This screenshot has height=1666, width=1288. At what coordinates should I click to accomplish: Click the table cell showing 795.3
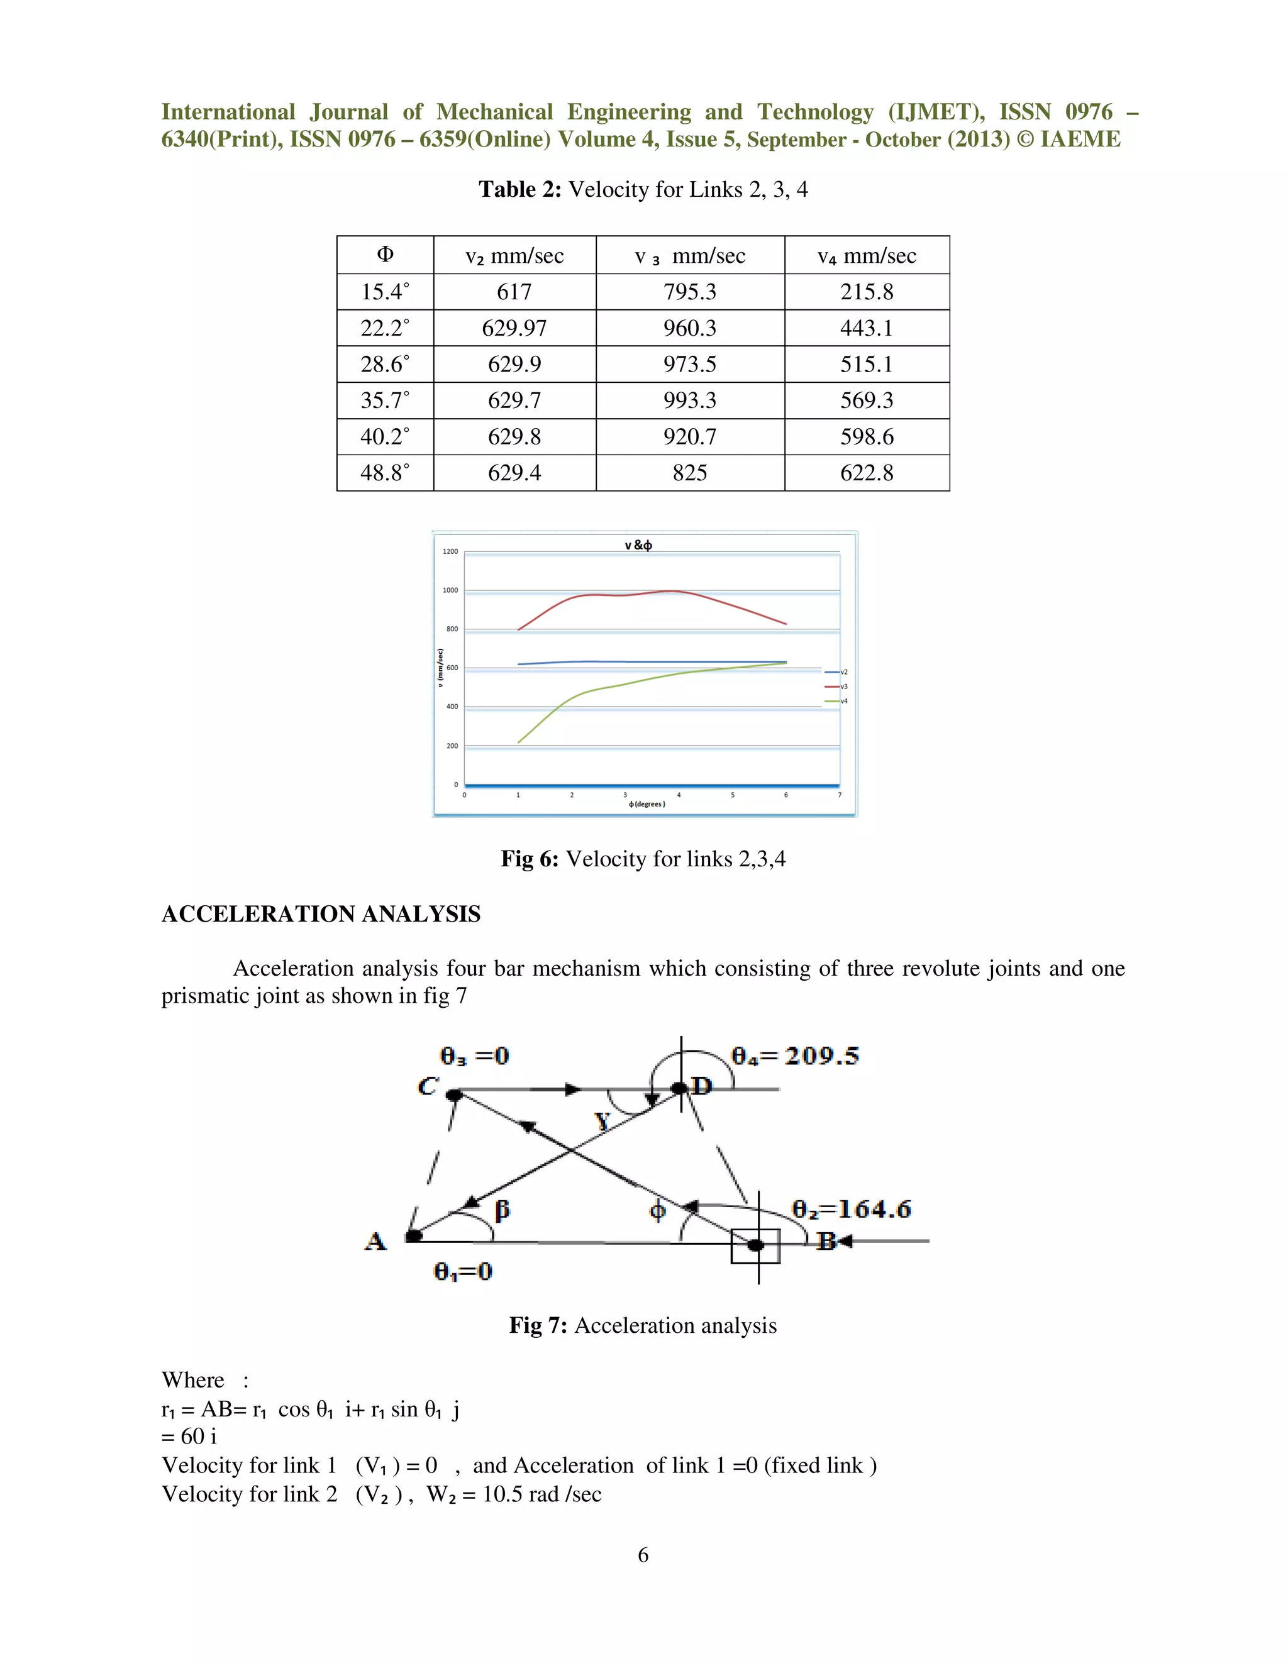click(689, 292)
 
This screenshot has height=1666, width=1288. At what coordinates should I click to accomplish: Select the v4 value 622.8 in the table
click(866, 473)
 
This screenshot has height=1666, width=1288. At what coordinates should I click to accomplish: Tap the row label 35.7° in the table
click(384, 400)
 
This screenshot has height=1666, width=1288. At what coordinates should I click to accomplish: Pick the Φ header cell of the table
click(384, 255)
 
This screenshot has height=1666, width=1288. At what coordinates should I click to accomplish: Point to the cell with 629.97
click(514, 328)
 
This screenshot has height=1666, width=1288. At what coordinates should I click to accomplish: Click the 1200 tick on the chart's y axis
click(450, 551)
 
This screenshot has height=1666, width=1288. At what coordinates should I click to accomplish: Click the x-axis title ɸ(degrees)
click(647, 804)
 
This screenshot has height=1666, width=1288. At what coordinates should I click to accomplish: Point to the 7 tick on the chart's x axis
click(840, 795)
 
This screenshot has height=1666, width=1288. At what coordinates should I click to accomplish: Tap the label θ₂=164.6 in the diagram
click(851, 1209)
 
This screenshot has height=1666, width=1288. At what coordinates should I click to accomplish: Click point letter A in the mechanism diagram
click(375, 1241)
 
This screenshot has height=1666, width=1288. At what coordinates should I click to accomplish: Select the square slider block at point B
click(755, 1245)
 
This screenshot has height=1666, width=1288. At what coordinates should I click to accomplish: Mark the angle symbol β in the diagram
click(501, 1210)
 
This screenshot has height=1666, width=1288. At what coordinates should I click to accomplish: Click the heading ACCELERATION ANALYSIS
click(321, 914)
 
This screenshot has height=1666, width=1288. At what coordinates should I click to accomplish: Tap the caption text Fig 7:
click(538, 1325)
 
